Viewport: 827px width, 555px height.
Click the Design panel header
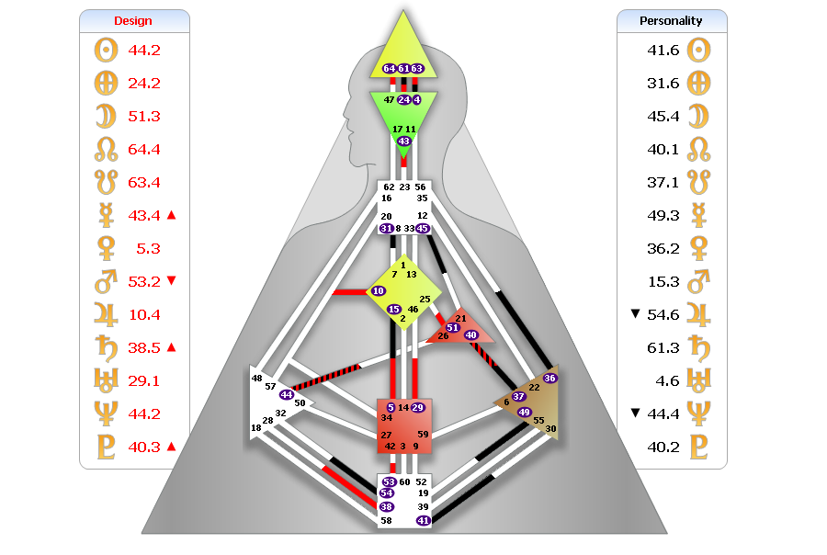coord(133,20)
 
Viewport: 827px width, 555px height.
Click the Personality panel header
coord(671,20)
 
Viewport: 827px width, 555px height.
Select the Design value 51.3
coord(144,116)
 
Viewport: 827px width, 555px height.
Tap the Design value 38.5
coord(144,347)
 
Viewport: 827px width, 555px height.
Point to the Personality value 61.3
coord(663,347)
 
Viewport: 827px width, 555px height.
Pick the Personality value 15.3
coord(663,281)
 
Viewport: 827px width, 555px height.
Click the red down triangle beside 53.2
coord(171,281)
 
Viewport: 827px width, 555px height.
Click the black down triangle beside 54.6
coord(635,314)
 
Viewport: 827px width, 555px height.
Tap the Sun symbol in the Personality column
coord(700,50)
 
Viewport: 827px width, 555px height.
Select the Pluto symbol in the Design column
coord(107,447)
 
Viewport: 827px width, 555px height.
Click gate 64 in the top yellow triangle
coord(389,69)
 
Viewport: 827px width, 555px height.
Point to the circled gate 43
coord(404,141)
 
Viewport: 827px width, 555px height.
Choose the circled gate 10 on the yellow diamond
coord(379,291)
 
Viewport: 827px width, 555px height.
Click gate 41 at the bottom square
coord(424,520)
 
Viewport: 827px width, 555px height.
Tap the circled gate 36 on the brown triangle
coord(549,378)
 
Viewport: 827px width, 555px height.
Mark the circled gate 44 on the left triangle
coord(287,394)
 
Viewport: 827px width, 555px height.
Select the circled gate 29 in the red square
coord(417,407)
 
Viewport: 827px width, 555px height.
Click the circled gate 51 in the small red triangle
coord(452,327)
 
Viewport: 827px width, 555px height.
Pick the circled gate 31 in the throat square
coord(386,228)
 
